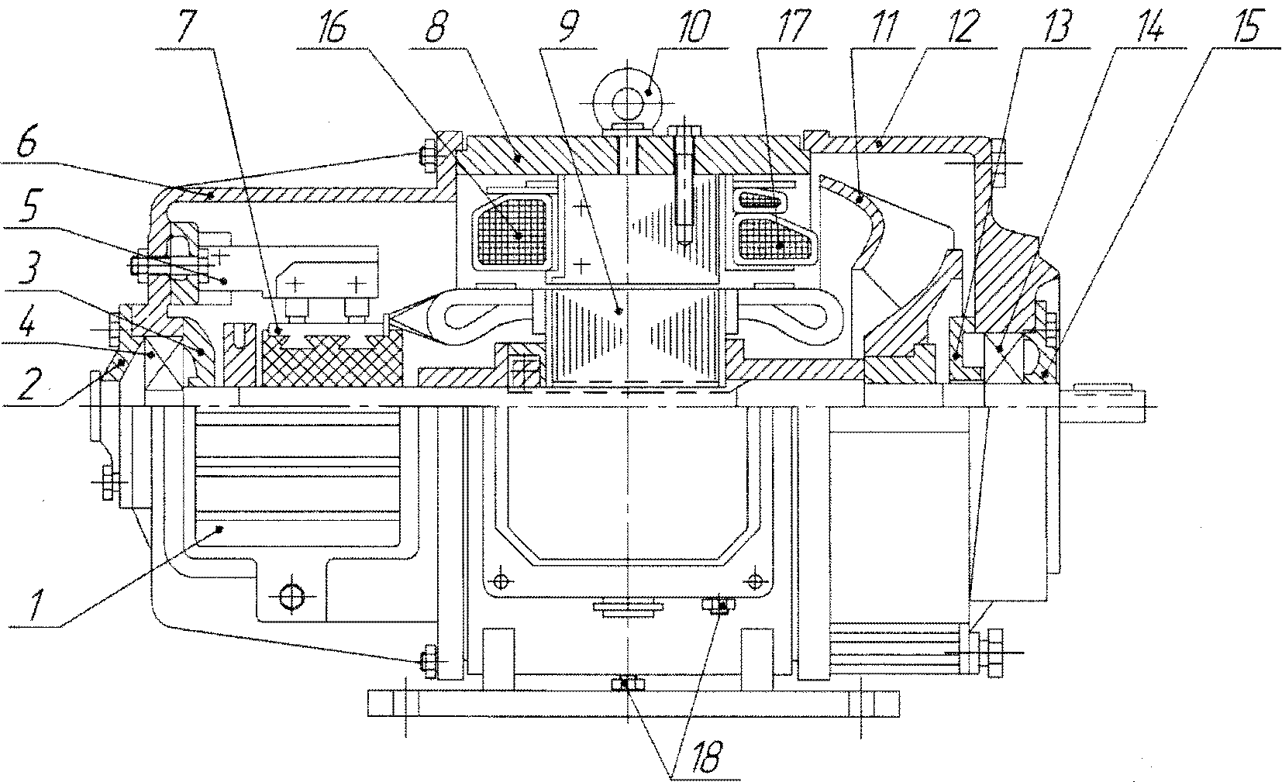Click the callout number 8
tap(436, 27)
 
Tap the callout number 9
tap(567, 27)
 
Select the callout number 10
tap(693, 27)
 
